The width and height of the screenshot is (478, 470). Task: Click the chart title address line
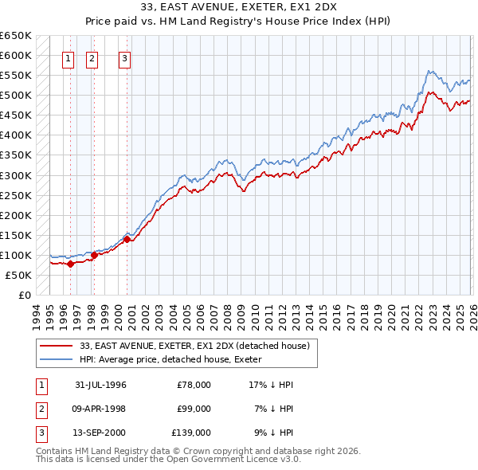(x=239, y=7)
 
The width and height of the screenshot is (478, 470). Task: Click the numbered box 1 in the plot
(x=68, y=58)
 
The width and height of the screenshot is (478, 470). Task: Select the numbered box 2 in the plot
(x=92, y=58)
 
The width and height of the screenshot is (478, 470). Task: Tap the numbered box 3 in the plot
(x=125, y=58)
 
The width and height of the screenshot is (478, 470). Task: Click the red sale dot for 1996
(x=70, y=264)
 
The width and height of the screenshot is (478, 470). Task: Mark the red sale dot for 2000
(x=127, y=239)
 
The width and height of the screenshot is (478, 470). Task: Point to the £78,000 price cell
(x=194, y=385)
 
